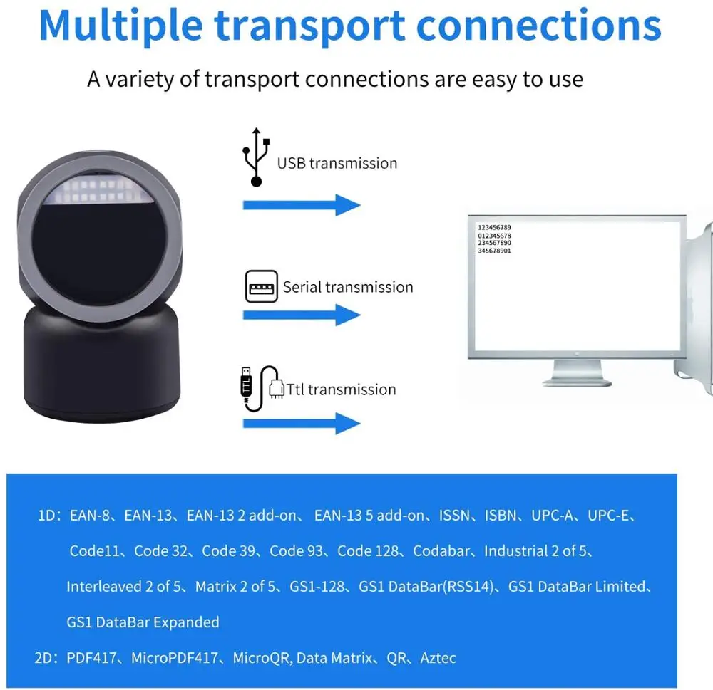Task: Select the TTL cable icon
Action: tap(260, 388)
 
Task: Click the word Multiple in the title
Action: tap(120, 25)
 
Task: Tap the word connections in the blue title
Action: tap(539, 25)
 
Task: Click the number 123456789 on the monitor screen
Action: tap(494, 227)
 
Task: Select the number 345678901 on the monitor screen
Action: tap(494, 251)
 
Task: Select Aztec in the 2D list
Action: tap(438, 658)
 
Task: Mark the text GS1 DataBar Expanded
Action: tap(143, 622)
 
